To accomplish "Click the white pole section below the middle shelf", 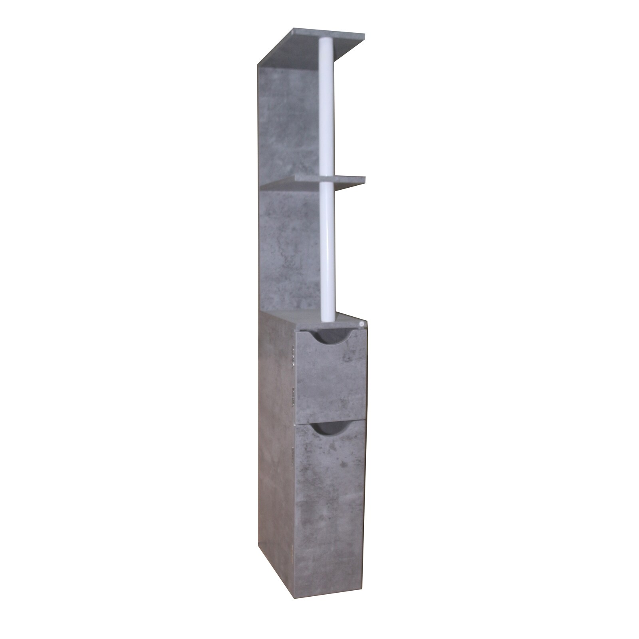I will tap(328, 248).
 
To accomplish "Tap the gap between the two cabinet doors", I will tap(329, 419).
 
